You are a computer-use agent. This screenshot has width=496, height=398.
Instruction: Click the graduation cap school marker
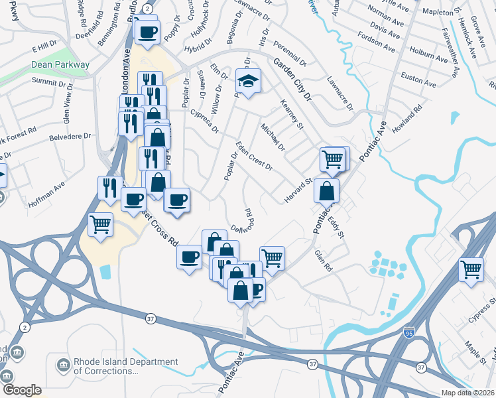(x=248, y=82)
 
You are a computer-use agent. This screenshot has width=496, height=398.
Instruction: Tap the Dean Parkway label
(x=60, y=65)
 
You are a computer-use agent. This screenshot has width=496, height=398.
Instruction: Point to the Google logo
(x=22, y=390)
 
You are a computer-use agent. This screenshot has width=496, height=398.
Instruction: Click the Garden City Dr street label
(x=290, y=78)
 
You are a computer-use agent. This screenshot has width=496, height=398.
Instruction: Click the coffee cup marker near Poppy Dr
(x=147, y=31)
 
